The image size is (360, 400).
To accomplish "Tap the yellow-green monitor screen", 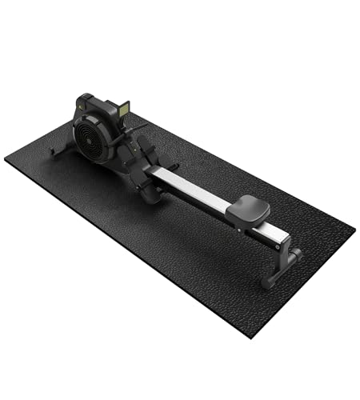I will tap(123, 108).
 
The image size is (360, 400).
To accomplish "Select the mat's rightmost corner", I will tap(354, 232).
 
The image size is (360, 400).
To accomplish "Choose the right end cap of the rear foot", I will tap(296, 254).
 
